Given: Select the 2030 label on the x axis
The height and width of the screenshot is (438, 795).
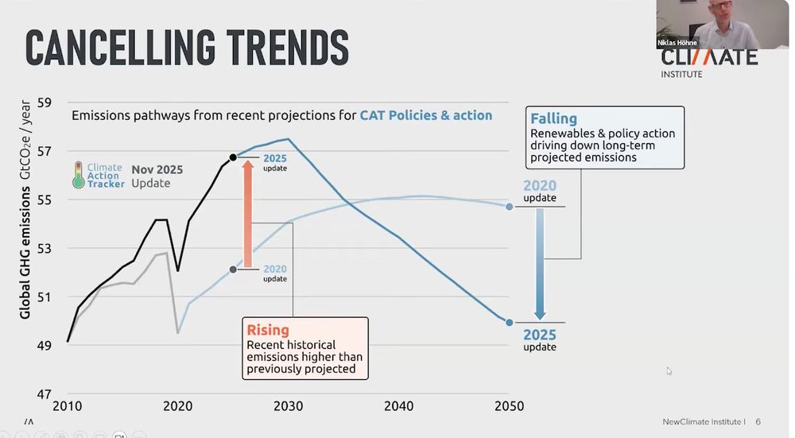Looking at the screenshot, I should pyautogui.click(x=288, y=406).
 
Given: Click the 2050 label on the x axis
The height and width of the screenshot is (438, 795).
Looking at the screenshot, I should pyautogui.click(x=509, y=406).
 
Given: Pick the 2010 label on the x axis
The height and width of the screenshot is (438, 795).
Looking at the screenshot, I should pyautogui.click(x=68, y=406).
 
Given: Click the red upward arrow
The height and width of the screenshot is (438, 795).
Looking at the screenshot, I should pyautogui.click(x=247, y=215).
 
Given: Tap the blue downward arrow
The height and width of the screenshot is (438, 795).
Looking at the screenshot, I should pyautogui.click(x=540, y=262).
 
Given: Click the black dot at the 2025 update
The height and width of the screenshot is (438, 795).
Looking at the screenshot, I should pyautogui.click(x=233, y=157).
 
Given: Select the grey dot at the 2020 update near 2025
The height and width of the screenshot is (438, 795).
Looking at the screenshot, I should pyautogui.click(x=233, y=269).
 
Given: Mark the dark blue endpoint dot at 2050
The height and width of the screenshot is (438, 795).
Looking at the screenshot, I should pyautogui.click(x=509, y=322).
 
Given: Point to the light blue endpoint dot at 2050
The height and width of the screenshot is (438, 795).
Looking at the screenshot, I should pyautogui.click(x=509, y=207).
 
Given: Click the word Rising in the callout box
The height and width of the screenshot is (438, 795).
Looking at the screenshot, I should pyautogui.click(x=268, y=330).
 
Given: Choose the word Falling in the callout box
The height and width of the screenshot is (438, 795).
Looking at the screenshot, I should pyautogui.click(x=554, y=119).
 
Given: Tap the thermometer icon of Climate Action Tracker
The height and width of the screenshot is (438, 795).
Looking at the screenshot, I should pyautogui.click(x=78, y=175).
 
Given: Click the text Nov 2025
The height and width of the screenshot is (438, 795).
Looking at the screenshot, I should pyautogui.click(x=157, y=169).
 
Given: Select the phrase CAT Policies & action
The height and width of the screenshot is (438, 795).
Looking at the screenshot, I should pyautogui.click(x=426, y=115).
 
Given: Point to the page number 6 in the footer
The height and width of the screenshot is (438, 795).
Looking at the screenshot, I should pyautogui.click(x=758, y=421).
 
